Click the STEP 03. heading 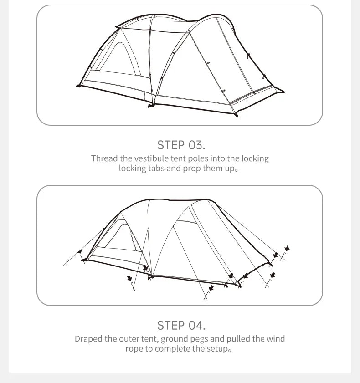click(x=181, y=145)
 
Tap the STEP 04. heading click(x=181, y=325)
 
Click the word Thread click(x=104, y=158)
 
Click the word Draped click(x=88, y=339)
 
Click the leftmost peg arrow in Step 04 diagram click(x=80, y=251)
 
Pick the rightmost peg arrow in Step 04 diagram click(x=287, y=249)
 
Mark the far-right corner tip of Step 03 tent click(x=283, y=92)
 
